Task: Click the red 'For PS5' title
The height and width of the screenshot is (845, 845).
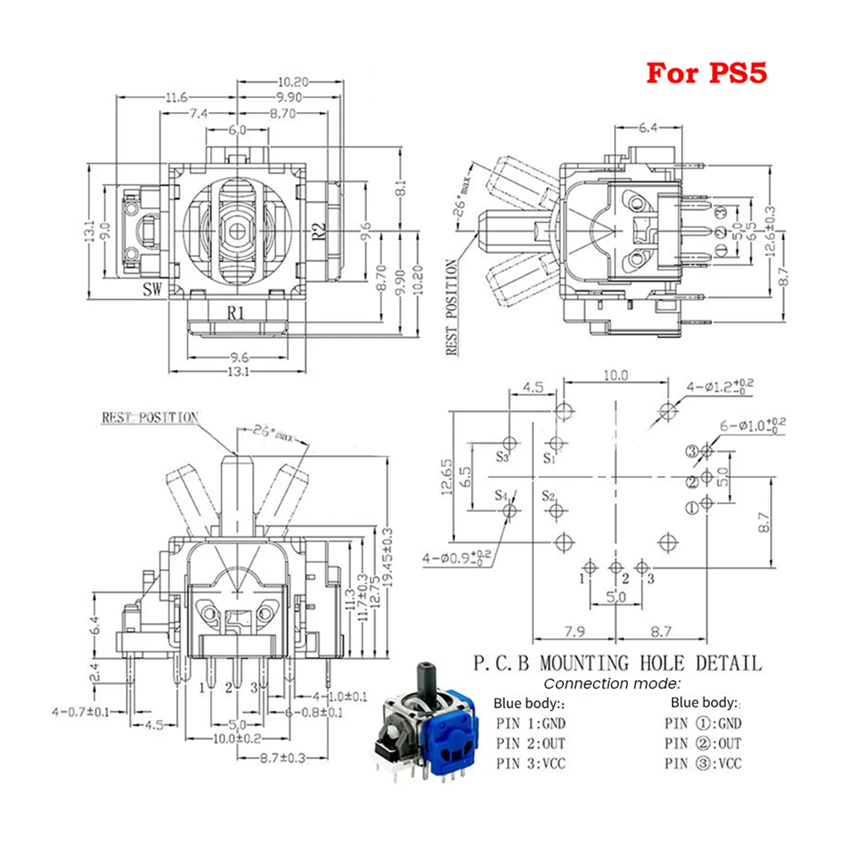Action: click(x=706, y=73)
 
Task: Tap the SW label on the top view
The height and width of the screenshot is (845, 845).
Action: click(x=151, y=289)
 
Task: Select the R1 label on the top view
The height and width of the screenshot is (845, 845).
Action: click(x=234, y=313)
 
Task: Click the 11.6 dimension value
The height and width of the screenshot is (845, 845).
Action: click(x=175, y=97)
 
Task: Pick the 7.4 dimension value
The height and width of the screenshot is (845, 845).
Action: click(x=198, y=113)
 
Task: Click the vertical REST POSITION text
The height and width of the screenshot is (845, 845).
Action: click(x=452, y=307)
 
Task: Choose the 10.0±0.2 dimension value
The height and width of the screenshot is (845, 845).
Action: click(x=236, y=739)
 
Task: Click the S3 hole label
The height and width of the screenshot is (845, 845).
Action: click(x=501, y=457)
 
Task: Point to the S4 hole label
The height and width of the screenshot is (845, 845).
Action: click(x=501, y=496)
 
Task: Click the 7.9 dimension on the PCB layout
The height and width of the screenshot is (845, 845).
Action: click(x=574, y=632)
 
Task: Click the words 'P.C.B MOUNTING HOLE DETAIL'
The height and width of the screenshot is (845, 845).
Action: click(x=617, y=663)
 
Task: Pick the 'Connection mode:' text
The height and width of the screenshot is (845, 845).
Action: click(x=612, y=683)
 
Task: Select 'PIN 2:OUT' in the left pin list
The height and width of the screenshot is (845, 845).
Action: click(x=530, y=743)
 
